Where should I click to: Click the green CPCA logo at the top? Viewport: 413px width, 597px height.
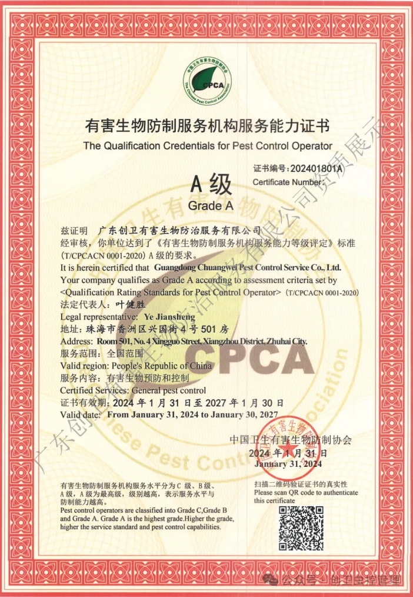click(x=208, y=82)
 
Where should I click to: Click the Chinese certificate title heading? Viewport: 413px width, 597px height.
click(x=207, y=126)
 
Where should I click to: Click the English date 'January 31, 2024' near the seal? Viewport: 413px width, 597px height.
click(x=288, y=464)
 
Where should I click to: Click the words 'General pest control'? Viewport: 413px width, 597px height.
click(x=168, y=390)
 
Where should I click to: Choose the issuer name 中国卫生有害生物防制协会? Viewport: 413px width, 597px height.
click(x=291, y=440)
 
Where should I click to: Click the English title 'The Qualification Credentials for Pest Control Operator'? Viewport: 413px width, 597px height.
click(x=208, y=145)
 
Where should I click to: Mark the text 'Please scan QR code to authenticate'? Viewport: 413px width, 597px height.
click(x=306, y=492)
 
